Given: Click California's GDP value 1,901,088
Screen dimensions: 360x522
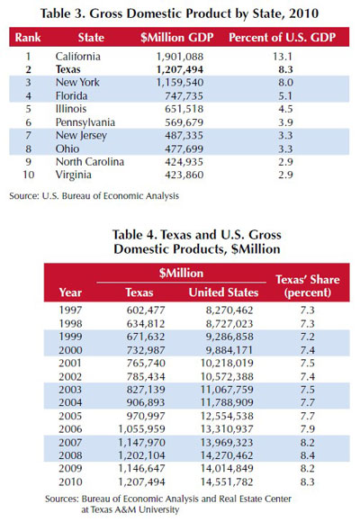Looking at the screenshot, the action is (x=179, y=57).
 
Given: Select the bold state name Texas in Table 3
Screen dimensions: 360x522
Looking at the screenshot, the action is (x=67, y=69).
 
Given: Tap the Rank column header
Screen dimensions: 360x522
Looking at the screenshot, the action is (x=28, y=37).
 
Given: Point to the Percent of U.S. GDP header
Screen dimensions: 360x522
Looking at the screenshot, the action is (x=282, y=37).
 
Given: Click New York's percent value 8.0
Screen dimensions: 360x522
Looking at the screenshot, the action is (x=285, y=83).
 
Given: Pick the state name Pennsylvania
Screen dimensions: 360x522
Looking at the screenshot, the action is (x=85, y=122).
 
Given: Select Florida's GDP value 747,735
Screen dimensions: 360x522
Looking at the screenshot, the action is (x=184, y=96).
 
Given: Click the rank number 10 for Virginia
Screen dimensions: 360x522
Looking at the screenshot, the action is (x=28, y=175).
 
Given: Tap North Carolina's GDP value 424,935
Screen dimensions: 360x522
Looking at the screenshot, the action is (x=184, y=162).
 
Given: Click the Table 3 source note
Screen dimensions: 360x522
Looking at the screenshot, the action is (x=94, y=196).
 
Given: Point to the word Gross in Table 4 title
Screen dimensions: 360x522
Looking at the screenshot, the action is (x=265, y=235).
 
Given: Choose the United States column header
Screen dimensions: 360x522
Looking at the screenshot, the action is (x=223, y=292).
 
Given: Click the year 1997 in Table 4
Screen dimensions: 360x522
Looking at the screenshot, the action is (x=70, y=310).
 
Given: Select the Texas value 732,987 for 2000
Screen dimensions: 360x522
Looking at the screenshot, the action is (x=146, y=350).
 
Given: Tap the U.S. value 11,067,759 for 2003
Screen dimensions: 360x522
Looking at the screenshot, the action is (x=227, y=390).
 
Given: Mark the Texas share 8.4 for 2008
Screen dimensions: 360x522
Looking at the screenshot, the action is (x=308, y=455).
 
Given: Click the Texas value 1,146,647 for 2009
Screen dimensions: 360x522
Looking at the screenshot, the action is (x=141, y=468).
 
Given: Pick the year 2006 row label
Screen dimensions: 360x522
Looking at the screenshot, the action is (x=70, y=429).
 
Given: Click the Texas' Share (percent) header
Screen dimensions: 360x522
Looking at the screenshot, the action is (x=308, y=285).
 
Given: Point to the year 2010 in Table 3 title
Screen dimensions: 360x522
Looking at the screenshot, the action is (x=303, y=13).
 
